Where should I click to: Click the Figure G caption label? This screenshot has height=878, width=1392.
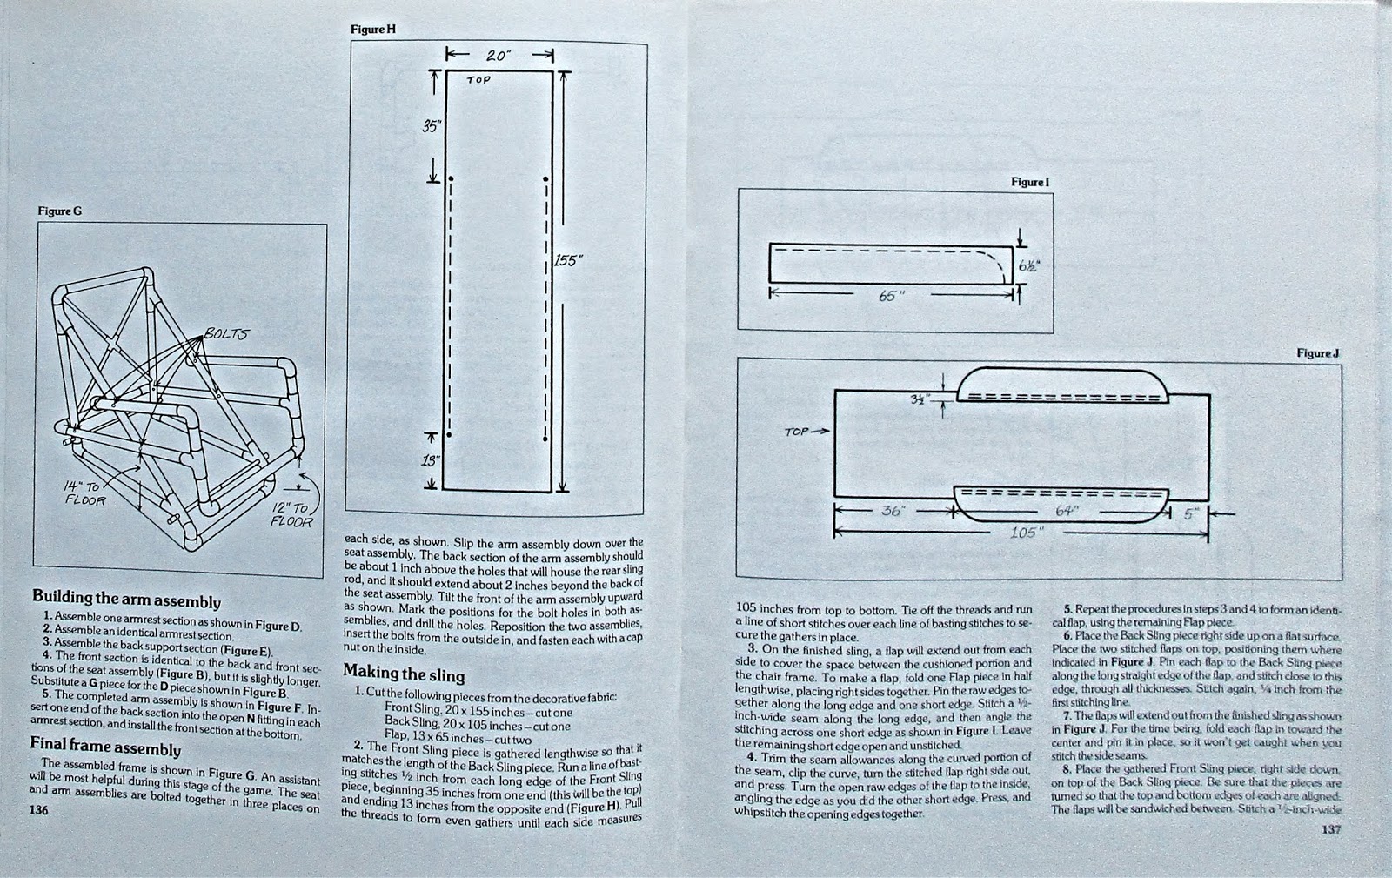coord(59,211)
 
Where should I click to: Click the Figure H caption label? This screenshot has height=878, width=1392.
coord(373,30)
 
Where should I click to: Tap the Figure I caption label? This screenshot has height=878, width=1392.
coord(1030,182)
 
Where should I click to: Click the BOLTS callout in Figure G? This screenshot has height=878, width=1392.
coord(226,334)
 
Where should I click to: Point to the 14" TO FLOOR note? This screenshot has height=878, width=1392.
coord(86,494)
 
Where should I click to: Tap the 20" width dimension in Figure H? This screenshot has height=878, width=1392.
coord(499,55)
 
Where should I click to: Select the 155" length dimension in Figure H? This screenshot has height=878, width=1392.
coord(567,259)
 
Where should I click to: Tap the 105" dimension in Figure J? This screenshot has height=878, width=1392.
coord(1023,533)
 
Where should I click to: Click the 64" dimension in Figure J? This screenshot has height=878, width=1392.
coord(1067,512)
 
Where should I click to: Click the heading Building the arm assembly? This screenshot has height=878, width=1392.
coord(126,600)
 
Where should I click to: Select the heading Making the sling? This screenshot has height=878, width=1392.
coord(404,674)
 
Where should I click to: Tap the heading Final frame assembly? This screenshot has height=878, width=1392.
coord(105,747)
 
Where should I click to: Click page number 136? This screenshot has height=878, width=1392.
coord(38,810)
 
